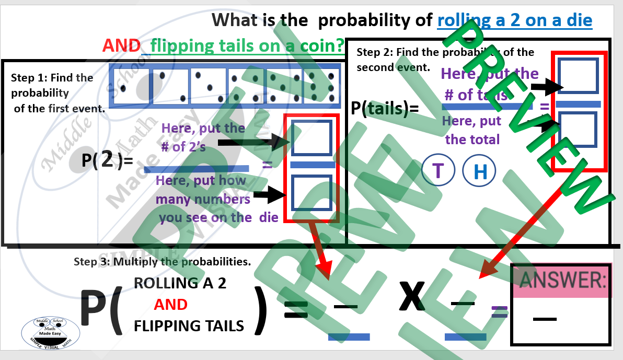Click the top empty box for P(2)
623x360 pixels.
point(311,138)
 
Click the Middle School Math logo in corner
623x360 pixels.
point(50,332)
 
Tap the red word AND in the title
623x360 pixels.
point(121,46)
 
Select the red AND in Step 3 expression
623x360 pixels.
point(170,305)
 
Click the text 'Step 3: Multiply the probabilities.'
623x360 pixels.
point(162,262)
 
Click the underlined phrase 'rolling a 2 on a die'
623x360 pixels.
point(514,20)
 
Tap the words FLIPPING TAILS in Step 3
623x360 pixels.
point(189,326)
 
